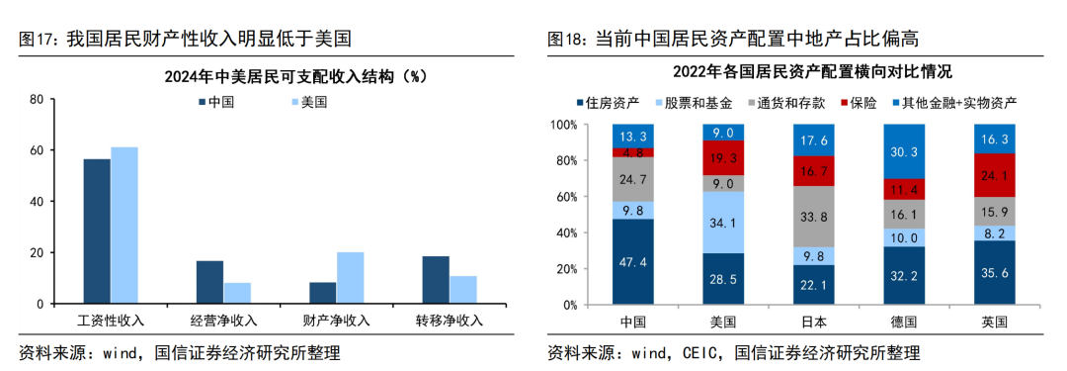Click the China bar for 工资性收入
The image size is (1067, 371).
tap(97, 232)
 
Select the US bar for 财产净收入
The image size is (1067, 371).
tap(350, 278)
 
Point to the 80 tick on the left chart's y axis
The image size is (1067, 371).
tap(37, 100)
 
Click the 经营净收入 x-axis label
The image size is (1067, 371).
tap(223, 321)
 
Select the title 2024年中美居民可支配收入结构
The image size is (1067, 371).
tap(262, 76)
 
